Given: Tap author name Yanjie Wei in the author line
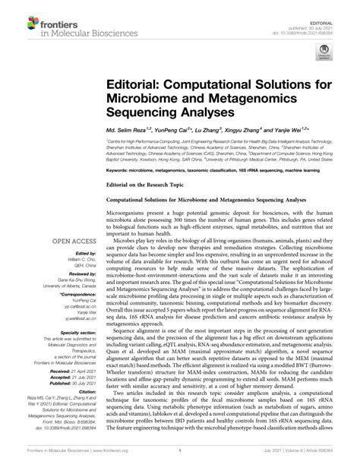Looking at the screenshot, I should click(x=311, y=130).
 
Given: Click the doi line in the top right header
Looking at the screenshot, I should click(x=319, y=15).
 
